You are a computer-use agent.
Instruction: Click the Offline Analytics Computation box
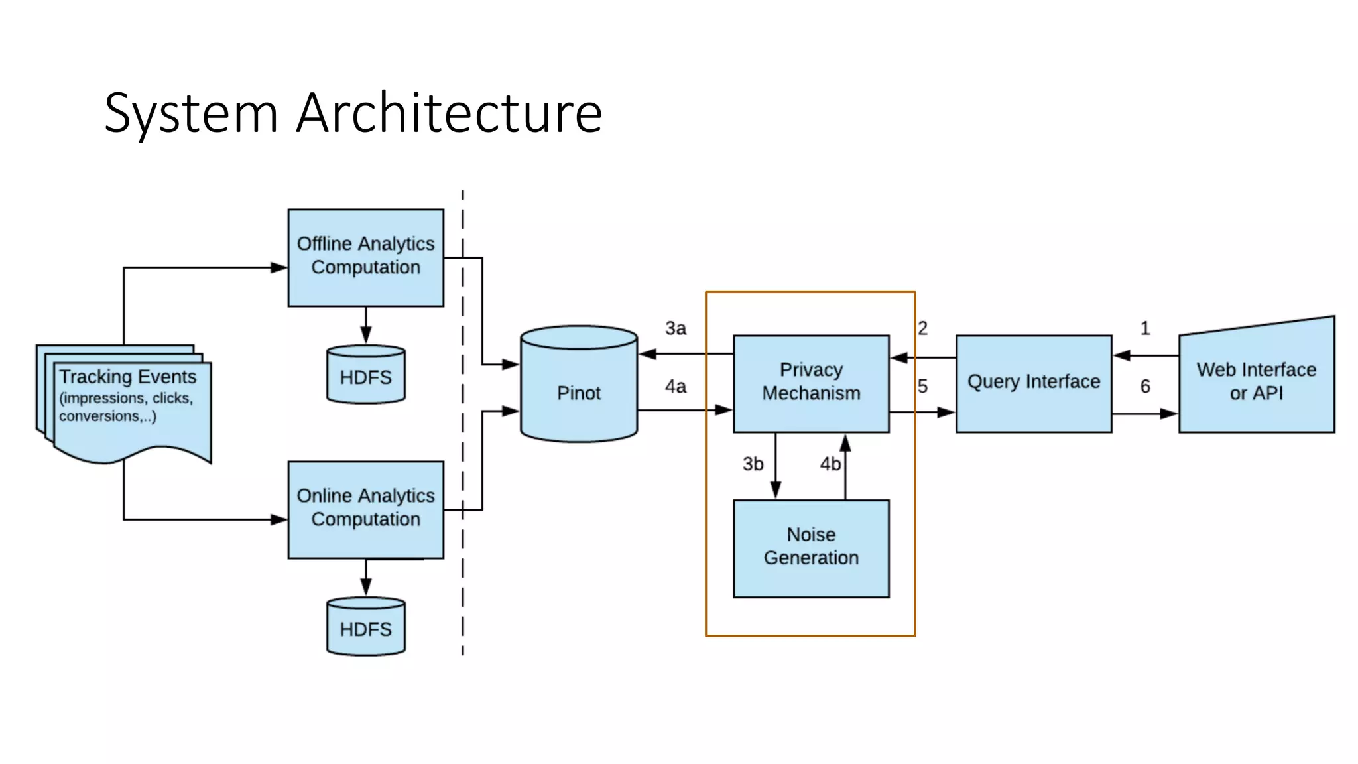365,257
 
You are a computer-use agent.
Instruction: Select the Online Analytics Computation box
365,509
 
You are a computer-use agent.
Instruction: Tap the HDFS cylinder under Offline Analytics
365,375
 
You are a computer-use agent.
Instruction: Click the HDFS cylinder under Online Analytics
365,627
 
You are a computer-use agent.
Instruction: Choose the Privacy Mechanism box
811,383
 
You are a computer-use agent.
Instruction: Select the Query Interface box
1033,383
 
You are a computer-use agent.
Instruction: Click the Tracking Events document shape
129,405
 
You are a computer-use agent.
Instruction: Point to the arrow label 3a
676,328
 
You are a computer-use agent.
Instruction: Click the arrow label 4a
676,387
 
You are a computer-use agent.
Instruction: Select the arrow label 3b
753,464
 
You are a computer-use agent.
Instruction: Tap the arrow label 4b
830,464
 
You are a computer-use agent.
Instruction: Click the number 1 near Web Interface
1145,328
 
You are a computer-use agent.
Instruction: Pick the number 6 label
1145,387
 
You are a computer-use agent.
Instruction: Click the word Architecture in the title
449,113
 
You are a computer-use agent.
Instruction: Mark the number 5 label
922,387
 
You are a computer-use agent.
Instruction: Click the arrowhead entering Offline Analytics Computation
280,268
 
